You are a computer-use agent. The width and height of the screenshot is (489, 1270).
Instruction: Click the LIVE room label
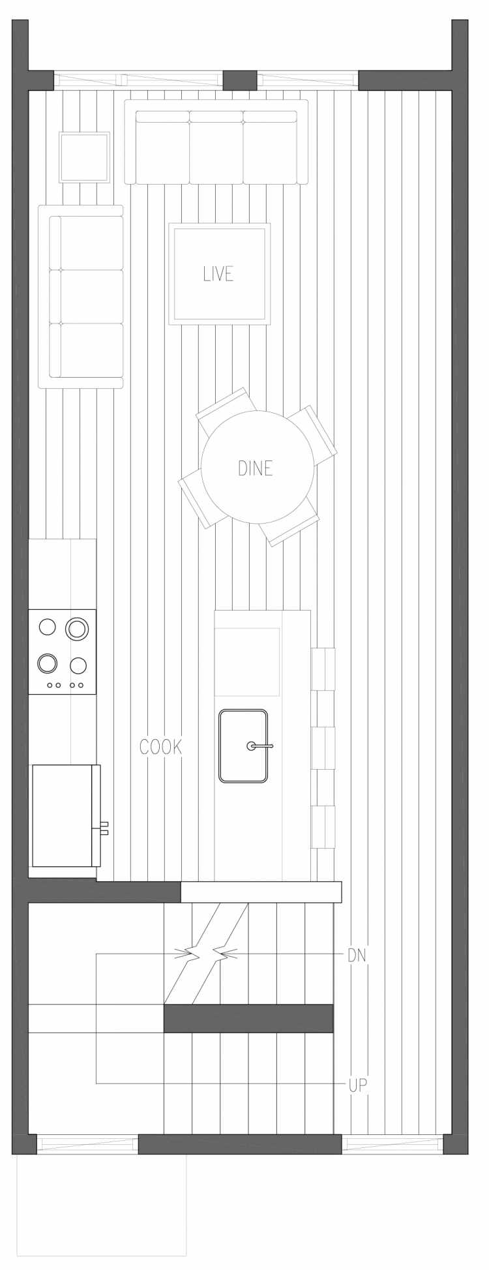click(x=218, y=273)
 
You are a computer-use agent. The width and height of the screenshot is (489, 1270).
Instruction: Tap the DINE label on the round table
click(x=256, y=468)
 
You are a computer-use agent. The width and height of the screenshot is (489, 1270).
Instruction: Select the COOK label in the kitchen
click(x=161, y=747)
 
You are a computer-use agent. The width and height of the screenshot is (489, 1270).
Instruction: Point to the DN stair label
click(x=357, y=956)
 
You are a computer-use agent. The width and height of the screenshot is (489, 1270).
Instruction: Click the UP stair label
click(x=357, y=1085)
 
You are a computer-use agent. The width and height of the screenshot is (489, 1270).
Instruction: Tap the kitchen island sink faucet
click(x=259, y=746)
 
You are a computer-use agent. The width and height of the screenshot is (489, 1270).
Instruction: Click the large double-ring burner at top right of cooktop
click(x=77, y=628)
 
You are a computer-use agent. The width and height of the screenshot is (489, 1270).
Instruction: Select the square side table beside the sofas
click(x=84, y=157)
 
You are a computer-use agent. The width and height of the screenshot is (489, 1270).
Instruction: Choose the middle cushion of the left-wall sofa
click(x=87, y=297)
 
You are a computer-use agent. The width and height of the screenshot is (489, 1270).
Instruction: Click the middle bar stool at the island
click(x=323, y=748)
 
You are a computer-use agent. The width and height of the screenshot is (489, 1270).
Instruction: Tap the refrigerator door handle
click(x=104, y=828)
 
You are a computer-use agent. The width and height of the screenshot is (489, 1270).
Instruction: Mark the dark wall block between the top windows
click(x=240, y=80)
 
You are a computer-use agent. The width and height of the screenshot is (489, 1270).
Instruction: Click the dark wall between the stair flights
click(x=248, y=1018)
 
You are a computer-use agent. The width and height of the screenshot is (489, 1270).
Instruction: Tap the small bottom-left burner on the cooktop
click(x=48, y=663)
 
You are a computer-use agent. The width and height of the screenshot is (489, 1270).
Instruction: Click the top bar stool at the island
click(x=323, y=669)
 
